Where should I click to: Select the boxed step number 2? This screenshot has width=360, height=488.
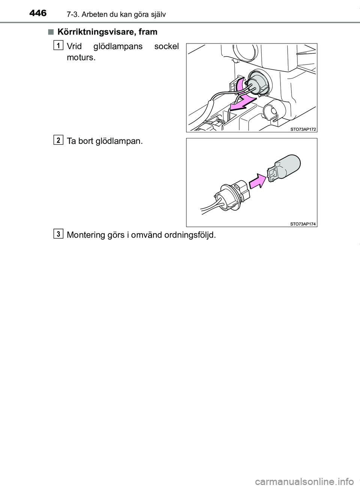pos(58,140)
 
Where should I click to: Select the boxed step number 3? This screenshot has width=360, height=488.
pos(58,234)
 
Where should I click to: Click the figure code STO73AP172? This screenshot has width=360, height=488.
pos(303,129)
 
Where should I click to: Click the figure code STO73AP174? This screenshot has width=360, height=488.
pos(303,224)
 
